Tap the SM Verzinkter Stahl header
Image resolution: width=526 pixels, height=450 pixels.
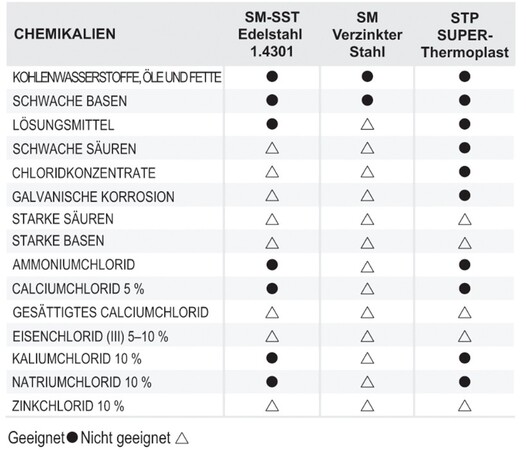tap(367, 33)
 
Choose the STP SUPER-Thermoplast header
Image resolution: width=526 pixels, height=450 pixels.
tap(463, 33)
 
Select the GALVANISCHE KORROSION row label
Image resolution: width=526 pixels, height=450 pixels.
tap(81, 195)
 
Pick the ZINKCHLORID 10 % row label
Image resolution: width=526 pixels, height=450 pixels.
tap(68, 405)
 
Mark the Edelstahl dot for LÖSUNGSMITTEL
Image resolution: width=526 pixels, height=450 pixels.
tap(270, 124)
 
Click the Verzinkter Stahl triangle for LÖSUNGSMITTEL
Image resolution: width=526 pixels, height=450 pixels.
tap(367, 124)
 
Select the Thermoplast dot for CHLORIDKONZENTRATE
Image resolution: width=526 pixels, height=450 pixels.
tap(463, 171)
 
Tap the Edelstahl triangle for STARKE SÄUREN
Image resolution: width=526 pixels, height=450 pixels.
tap(270, 218)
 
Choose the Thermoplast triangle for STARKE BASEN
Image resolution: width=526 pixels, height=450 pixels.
tap(463, 242)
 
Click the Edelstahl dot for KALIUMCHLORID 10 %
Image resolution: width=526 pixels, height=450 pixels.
tap(270, 358)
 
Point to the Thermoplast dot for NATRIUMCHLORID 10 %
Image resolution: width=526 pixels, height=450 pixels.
tap(463, 382)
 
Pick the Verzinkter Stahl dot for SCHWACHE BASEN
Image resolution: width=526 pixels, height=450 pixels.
tap(367, 100)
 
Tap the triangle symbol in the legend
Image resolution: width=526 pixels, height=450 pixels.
tap(181, 437)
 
